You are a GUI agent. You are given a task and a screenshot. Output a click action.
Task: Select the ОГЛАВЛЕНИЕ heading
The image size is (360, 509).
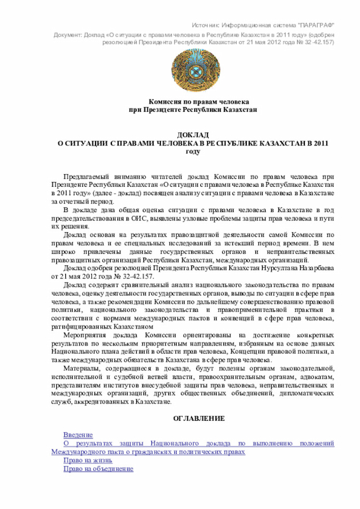tap(198, 418)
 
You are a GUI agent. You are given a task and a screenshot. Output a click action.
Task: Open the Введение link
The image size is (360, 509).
tap(78, 435)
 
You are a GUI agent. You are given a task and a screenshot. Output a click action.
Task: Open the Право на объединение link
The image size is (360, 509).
tap(98, 469)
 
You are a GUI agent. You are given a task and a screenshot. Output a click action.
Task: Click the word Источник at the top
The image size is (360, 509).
tap(205, 26)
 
